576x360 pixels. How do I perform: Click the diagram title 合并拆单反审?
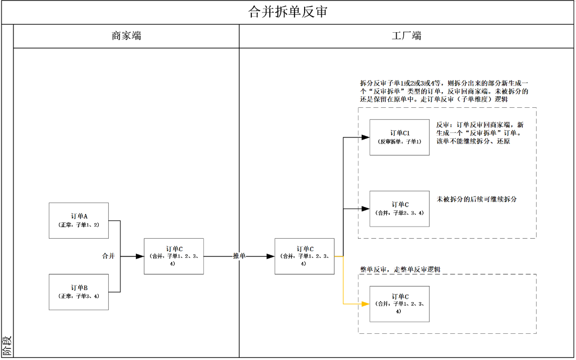pos(287,12)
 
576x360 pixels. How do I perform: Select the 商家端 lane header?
pos(126,36)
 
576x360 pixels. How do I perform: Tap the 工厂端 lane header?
pos(406,36)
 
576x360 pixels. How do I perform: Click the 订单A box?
pos(79,221)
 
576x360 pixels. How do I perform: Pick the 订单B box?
pos(79,292)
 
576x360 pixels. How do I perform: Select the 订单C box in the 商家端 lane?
pos(174,256)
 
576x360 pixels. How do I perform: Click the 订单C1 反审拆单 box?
pos(399,137)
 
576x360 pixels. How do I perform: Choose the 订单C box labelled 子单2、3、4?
pos(399,208)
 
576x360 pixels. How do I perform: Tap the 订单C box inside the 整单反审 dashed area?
pos(399,304)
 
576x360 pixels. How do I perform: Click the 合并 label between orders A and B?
pos(109,256)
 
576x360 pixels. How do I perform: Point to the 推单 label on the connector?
pos(239,256)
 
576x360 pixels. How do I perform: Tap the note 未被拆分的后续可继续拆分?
pos(476,199)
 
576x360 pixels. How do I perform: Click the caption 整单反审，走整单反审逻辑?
pos(400,269)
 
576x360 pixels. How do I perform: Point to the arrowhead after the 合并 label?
pos(140,256)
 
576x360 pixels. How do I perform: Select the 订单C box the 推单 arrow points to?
pos(304,256)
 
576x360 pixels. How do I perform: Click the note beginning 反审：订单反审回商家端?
pos(480,133)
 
